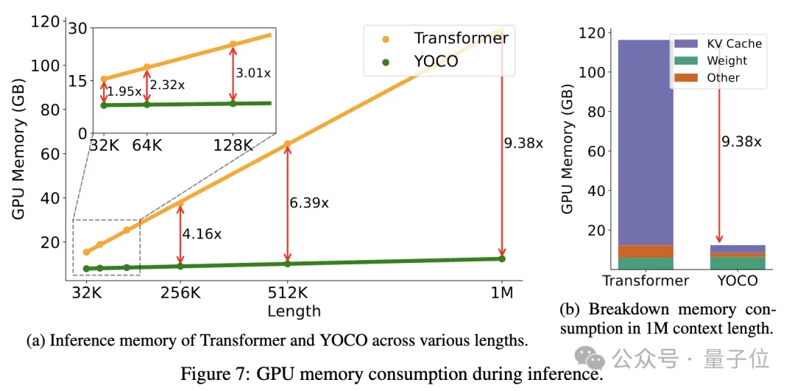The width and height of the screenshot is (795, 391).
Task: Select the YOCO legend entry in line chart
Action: [435, 61]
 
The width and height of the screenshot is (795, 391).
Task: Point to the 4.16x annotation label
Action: [201, 234]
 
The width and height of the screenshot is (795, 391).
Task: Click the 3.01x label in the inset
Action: [253, 73]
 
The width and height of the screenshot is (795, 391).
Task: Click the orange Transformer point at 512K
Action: [287, 144]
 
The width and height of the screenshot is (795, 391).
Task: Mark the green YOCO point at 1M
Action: [502, 258]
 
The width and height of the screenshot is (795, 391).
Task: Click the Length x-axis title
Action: [294, 311]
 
